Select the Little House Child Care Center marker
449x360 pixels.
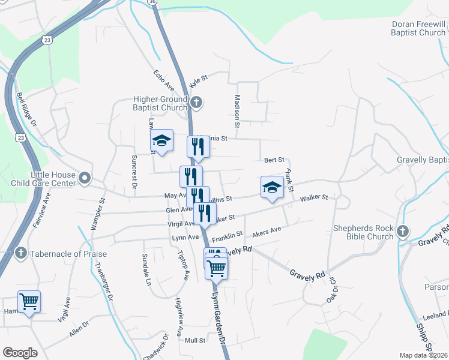(x=85, y=178)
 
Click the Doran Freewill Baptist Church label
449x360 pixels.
(x=418, y=28)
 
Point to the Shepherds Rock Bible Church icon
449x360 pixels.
(x=403, y=231)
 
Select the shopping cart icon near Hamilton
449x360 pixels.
(x=29, y=302)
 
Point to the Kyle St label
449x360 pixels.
(x=198, y=81)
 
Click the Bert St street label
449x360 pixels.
(x=274, y=160)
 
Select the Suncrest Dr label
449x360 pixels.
(x=134, y=173)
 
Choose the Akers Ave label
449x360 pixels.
(x=267, y=231)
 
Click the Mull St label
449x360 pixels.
(x=195, y=340)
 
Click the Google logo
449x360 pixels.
(x=20, y=353)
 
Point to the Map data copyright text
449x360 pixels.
(x=424, y=355)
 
